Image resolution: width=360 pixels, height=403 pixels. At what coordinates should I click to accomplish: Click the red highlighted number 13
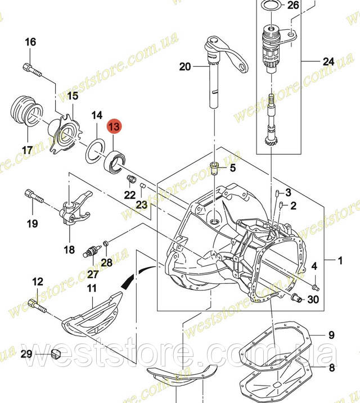pyautogui.click(x=114, y=126)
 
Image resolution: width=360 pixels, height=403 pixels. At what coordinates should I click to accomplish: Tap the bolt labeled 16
pyautogui.click(x=32, y=70)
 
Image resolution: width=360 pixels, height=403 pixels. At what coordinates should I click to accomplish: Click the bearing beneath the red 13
pyautogui.click(x=115, y=161)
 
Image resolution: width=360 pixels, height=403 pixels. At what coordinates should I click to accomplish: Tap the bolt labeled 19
pyautogui.click(x=34, y=196)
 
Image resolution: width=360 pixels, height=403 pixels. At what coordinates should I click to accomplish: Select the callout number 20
pyautogui.click(x=185, y=66)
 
